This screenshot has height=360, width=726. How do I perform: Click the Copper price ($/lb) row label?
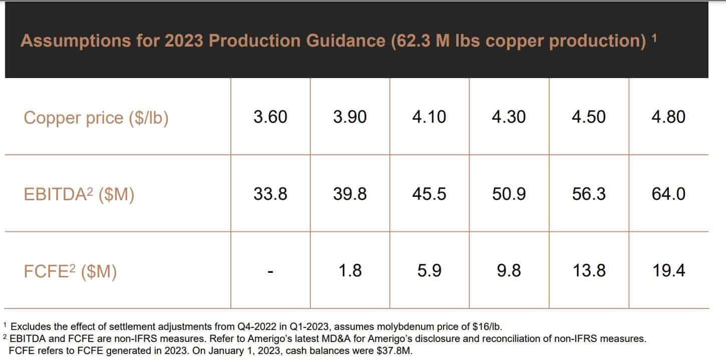click(96, 118)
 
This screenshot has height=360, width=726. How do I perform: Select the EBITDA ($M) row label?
click(79, 194)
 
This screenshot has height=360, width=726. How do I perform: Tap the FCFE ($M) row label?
click(70, 271)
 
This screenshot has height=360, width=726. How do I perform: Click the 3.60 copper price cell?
click(270, 117)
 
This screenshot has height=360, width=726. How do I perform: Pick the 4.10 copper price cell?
click(429, 117)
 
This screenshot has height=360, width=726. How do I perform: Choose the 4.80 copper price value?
click(668, 117)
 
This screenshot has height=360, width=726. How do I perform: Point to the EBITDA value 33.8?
click(270, 194)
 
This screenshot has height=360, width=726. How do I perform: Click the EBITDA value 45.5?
click(429, 194)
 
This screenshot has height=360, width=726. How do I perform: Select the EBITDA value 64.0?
click(668, 194)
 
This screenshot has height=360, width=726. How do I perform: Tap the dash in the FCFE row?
click(270, 272)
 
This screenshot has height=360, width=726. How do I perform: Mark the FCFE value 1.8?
click(350, 271)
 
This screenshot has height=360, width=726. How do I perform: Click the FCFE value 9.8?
click(509, 271)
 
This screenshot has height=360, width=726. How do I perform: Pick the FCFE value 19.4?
click(668, 271)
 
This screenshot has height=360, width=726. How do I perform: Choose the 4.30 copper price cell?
click(509, 117)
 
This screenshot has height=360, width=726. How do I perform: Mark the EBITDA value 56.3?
click(589, 194)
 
